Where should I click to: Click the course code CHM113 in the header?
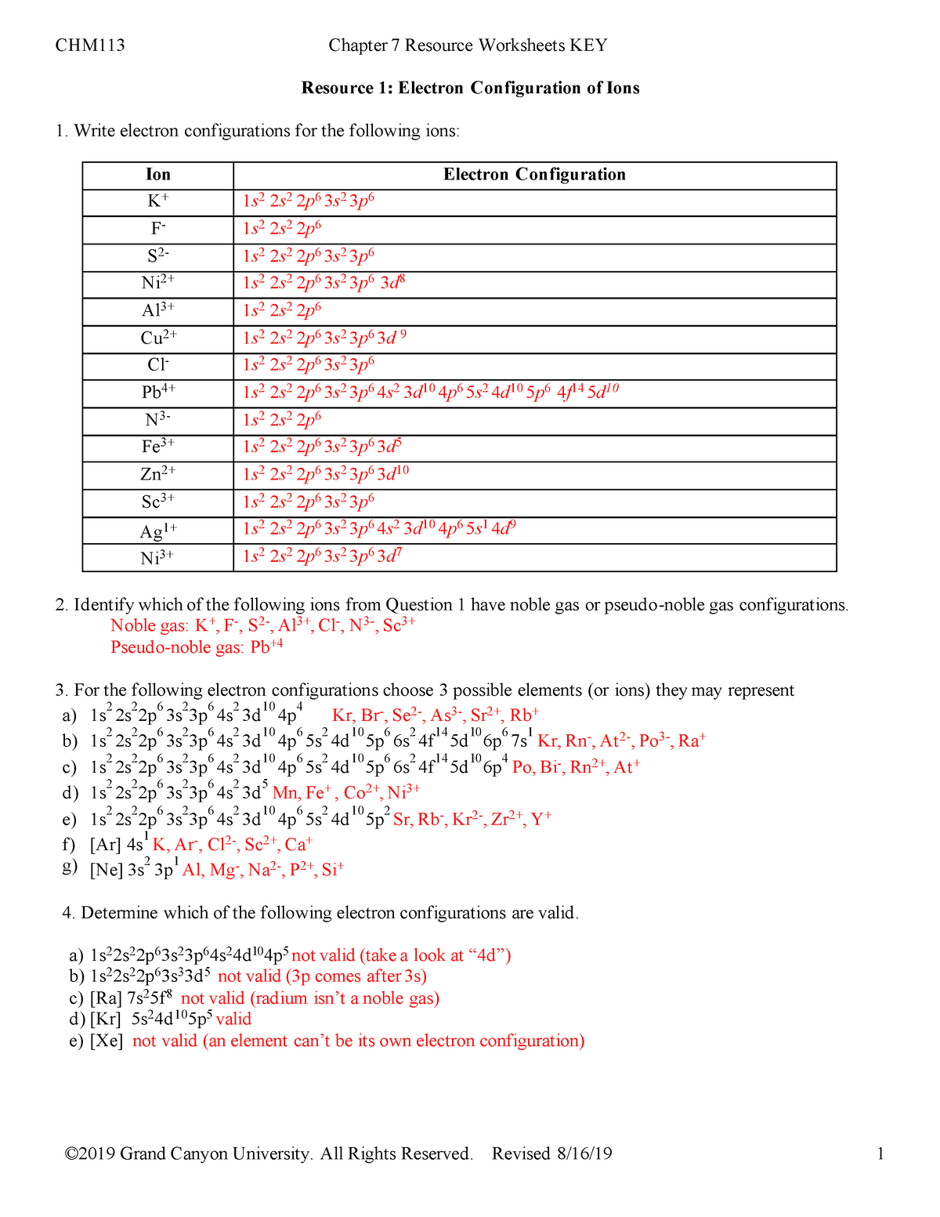pos(89,45)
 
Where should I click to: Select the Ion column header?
pos(157,175)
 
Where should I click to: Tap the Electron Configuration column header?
pos(534,175)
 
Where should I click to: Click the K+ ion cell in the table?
pos(157,201)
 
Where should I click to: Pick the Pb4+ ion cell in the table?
pos(157,393)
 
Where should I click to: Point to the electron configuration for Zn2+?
pos(325,474)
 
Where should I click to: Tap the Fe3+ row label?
pos(157,447)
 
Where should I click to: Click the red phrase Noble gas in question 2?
pos(147,625)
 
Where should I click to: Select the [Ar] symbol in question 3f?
pos(105,845)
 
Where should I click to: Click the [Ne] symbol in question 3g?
pos(106,870)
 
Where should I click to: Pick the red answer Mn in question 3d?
pos(285,793)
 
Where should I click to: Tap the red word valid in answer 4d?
pos(233,1020)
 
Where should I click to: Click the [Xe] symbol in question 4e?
pos(106,1041)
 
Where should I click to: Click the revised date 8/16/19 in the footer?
pos(584,1154)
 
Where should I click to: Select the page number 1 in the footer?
pos(880,1154)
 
